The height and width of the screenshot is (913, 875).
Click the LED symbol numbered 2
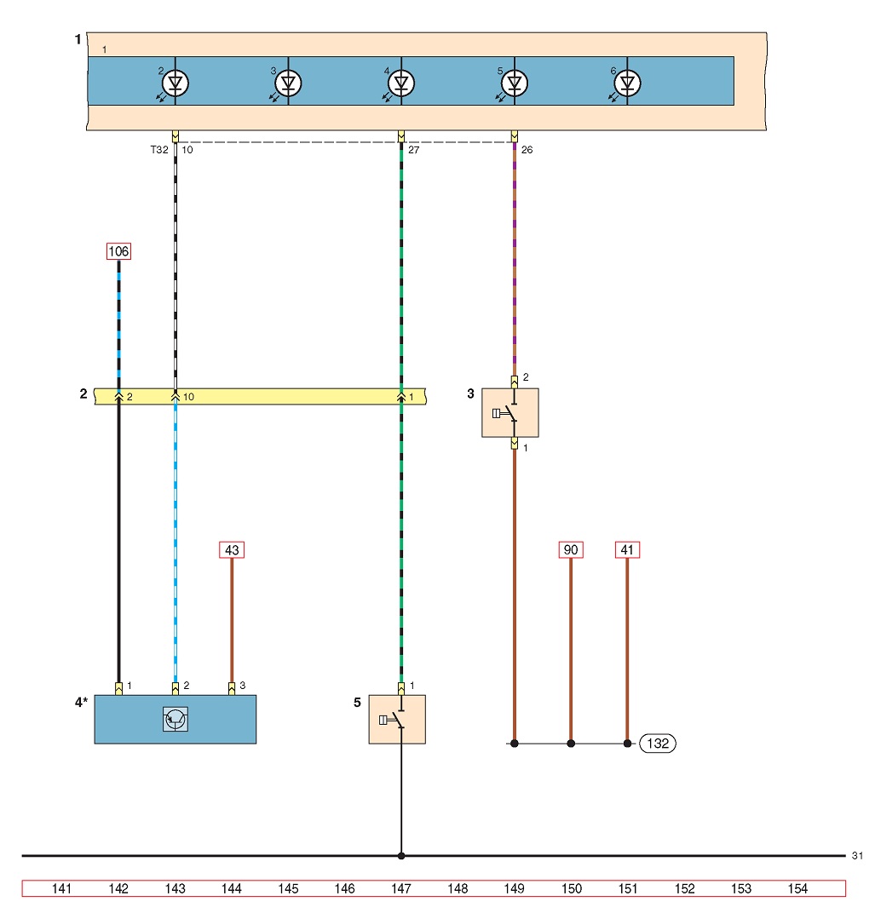[176, 83]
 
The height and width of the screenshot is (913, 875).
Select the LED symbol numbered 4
[401, 83]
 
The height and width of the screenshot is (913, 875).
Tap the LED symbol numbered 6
[627, 83]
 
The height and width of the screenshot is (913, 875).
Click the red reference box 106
[118, 251]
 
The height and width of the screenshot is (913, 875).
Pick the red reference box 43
[232, 550]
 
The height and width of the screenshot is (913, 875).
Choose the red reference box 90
[571, 550]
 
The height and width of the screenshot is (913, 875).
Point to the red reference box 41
[627, 550]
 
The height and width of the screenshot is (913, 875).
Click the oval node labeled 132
[658, 744]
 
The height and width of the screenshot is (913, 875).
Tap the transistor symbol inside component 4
[176, 720]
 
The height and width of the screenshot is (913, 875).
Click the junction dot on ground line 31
[401, 856]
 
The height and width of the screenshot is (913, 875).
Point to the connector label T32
[159, 150]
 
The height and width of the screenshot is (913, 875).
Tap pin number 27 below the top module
[413, 150]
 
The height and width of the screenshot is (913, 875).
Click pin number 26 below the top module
[527, 150]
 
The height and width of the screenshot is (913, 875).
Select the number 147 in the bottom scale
[401, 888]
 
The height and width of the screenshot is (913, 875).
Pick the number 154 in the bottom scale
[797, 888]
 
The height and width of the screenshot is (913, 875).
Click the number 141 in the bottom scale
[61, 888]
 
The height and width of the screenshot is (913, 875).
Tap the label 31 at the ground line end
[857, 856]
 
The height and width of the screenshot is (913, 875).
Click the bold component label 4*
[81, 703]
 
